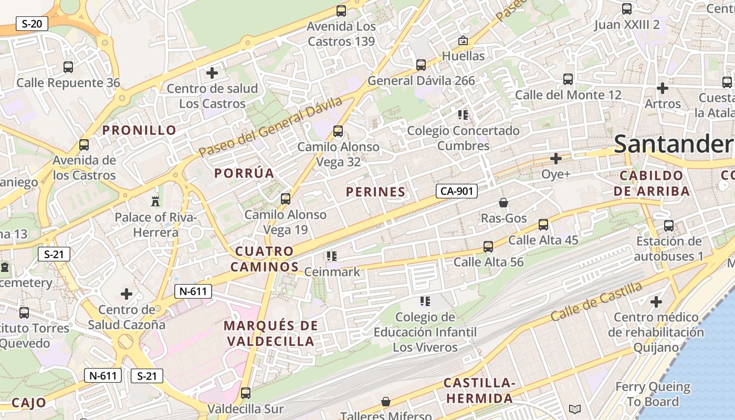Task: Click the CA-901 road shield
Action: pyautogui.click(x=456, y=191)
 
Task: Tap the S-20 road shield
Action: pyautogui.click(x=32, y=24)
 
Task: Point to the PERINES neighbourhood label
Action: pyautogui.click(x=376, y=192)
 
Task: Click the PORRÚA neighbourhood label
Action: pyautogui.click(x=244, y=173)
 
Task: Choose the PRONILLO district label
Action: pyautogui.click(x=139, y=130)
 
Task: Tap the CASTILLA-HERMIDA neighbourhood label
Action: pyautogui.click(x=479, y=391)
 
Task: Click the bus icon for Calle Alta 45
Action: pyautogui.click(x=543, y=225)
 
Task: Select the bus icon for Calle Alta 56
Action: pyautogui.click(x=488, y=246)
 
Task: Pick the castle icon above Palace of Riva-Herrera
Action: pyautogui.click(x=155, y=201)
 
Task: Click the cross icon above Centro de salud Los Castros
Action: pyautogui.click(x=212, y=72)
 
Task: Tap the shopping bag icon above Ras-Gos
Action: pyautogui.click(x=503, y=202)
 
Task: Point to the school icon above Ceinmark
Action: pyautogui.click(x=331, y=256)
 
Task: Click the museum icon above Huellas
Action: pyautogui.click(x=463, y=40)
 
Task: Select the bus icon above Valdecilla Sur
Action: pyautogui.click(x=245, y=393)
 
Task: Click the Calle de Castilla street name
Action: pyautogui.click(x=596, y=301)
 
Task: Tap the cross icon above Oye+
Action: pyautogui.click(x=555, y=158)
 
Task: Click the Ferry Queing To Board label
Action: pyautogui.click(x=653, y=394)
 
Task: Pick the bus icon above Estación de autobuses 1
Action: pyautogui.click(x=669, y=226)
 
